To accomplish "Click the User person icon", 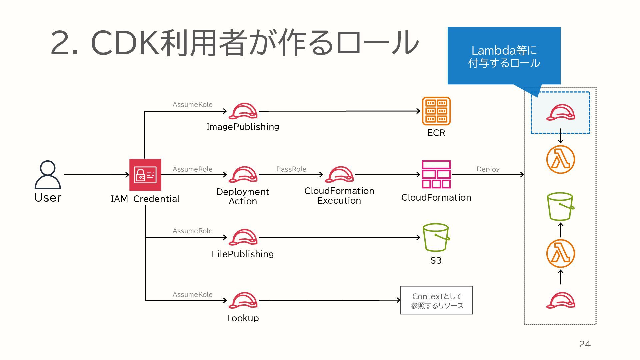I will coord(48,175).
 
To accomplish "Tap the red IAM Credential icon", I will coord(145,175).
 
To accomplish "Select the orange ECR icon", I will coord(436,111).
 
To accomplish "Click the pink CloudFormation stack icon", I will coord(436,174).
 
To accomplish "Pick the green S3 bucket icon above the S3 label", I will coord(436,237).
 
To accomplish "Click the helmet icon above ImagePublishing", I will coord(243,111).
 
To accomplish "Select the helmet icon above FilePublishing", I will coord(243,237).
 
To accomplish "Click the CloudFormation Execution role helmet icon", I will coord(339,174).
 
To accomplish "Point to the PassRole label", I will coord(291,169).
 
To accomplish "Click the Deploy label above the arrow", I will coord(488,169).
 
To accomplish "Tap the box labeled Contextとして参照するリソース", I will coord(436,300).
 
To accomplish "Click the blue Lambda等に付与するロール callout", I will coord(504,56).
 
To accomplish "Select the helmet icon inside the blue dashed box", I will coord(560,113).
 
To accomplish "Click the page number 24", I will coord(585,344).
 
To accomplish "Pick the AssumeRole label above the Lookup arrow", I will coord(192,294).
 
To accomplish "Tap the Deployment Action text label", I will coord(243,196).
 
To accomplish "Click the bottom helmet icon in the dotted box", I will coord(560,301).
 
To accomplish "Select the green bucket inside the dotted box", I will coord(560,207).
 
